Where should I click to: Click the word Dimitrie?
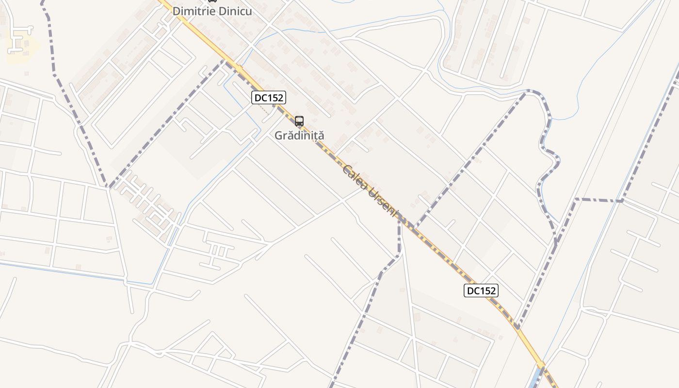[192, 11]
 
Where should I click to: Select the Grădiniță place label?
[299, 135]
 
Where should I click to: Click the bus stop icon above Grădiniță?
[299, 121]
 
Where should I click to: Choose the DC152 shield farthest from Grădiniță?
[481, 291]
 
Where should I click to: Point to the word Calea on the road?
[354, 177]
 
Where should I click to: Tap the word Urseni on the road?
[383, 202]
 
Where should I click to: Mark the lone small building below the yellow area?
[26, 73]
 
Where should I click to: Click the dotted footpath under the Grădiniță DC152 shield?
[265, 110]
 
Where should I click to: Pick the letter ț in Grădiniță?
[315, 136]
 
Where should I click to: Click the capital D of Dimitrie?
[177, 11]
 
